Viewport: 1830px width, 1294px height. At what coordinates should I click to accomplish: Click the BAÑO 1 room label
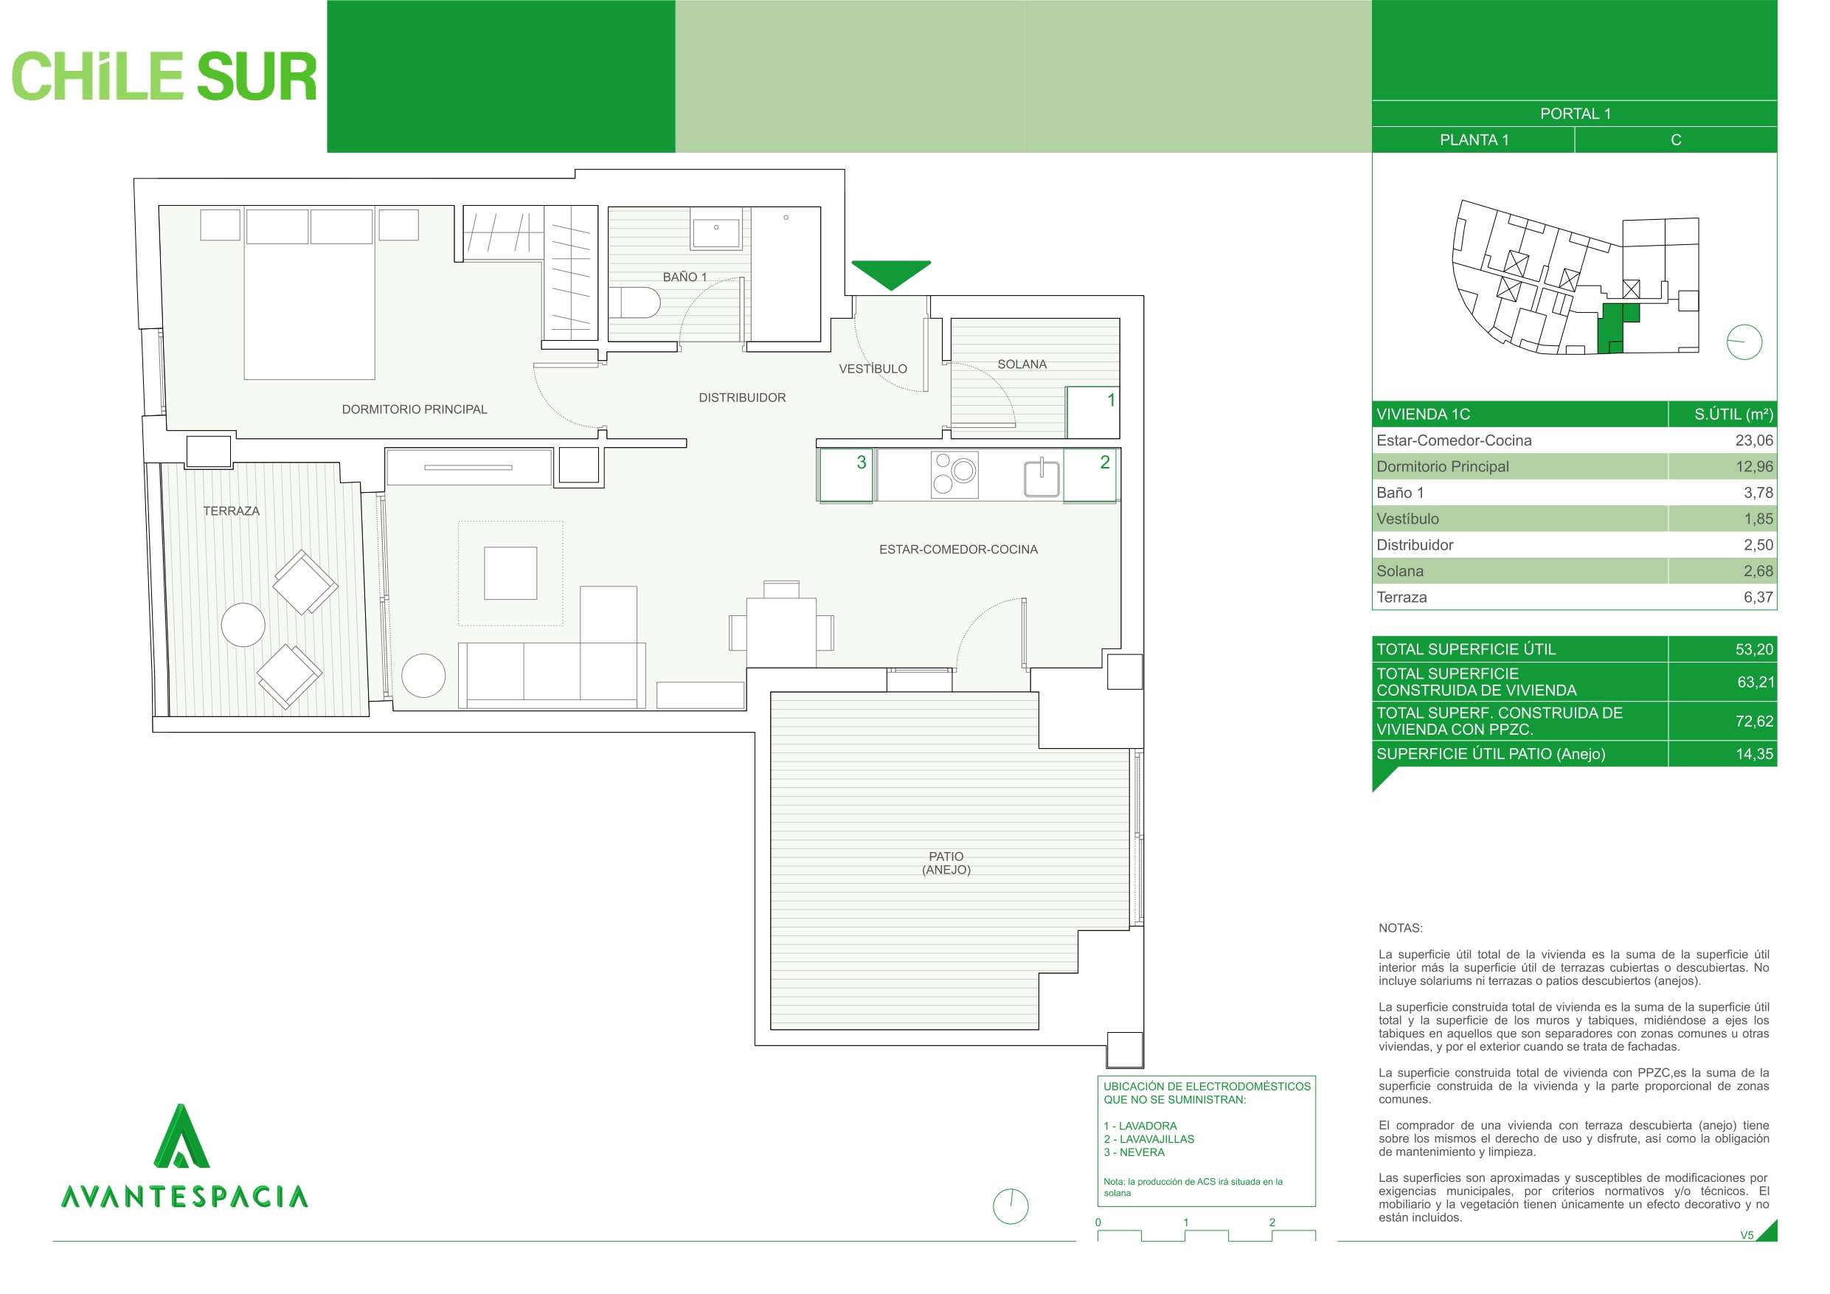pyautogui.click(x=684, y=277)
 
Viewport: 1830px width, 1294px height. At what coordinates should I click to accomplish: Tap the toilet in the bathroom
pyautogui.click(x=634, y=303)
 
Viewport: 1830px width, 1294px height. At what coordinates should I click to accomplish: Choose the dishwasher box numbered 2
pyautogui.click(x=1089, y=475)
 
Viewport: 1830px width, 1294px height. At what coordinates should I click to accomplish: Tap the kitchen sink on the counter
pyautogui.click(x=1041, y=477)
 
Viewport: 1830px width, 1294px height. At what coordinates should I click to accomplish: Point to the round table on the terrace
pyautogui.click(x=243, y=624)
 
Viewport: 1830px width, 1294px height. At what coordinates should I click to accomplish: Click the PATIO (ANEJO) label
pyautogui.click(x=946, y=862)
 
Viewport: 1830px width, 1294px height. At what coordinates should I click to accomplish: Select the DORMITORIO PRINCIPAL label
pyautogui.click(x=415, y=409)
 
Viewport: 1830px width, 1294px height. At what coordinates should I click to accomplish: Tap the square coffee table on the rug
pyautogui.click(x=510, y=572)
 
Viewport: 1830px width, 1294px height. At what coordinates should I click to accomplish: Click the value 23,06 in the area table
pyautogui.click(x=1754, y=440)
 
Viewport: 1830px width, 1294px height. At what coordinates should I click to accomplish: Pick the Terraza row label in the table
pyautogui.click(x=1401, y=597)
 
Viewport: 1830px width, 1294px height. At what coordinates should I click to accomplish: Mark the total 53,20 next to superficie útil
pyautogui.click(x=1754, y=649)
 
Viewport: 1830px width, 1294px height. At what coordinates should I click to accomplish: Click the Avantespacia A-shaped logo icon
pyautogui.click(x=181, y=1136)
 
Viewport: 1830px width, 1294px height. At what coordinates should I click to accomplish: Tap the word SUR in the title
pyautogui.click(x=257, y=77)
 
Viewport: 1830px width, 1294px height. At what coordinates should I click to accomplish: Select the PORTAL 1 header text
pyautogui.click(x=1575, y=113)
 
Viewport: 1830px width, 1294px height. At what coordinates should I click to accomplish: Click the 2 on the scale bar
pyautogui.click(x=1272, y=1222)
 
